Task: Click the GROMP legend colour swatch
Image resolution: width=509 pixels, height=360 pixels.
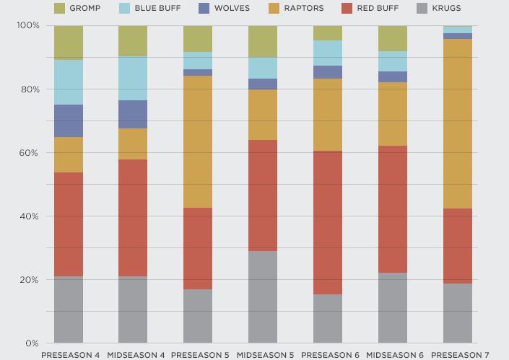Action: pyautogui.click(x=59, y=9)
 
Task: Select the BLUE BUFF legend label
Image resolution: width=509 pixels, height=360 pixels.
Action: pyautogui.click(x=158, y=9)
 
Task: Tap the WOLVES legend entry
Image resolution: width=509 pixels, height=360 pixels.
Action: pyautogui.click(x=231, y=9)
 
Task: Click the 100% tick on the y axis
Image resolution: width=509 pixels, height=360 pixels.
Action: pyautogui.click(x=27, y=26)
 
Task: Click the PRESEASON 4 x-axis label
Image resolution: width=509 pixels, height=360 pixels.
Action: pyautogui.click(x=70, y=354)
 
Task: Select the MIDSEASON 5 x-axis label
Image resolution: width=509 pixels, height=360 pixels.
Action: pyautogui.click(x=265, y=354)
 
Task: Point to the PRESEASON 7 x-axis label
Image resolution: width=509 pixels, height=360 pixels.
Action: pyautogui.click(x=460, y=354)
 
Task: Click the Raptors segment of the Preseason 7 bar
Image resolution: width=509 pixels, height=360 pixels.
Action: pyautogui.click(x=458, y=123)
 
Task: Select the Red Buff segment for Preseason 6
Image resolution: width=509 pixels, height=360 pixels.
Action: pyautogui.click(x=328, y=222)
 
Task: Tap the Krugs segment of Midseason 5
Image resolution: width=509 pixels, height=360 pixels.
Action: pyautogui.click(x=263, y=297)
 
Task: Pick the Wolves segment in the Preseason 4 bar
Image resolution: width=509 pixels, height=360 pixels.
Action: pyautogui.click(x=69, y=120)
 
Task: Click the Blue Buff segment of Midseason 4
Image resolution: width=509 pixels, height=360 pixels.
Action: pyautogui.click(x=133, y=78)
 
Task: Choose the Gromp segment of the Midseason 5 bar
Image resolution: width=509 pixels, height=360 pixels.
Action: pyautogui.click(x=263, y=42)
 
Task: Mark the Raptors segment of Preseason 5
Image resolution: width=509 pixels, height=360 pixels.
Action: pyautogui.click(x=198, y=141)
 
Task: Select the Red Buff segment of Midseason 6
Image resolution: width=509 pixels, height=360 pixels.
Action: pyautogui.click(x=393, y=209)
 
